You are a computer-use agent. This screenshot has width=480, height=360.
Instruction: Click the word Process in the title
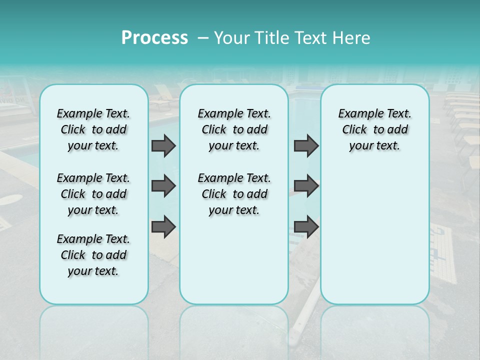coord(154,38)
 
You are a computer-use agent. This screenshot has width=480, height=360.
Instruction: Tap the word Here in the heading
coord(351,38)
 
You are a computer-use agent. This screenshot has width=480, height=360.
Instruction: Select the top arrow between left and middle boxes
coord(163,145)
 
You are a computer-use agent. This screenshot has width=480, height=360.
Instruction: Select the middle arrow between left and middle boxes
coord(163,186)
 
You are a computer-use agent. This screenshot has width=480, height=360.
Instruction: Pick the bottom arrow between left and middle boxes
coord(163,227)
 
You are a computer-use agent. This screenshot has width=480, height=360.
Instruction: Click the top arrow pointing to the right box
coord(306,145)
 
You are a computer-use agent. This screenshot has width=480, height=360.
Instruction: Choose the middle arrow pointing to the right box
coord(306,186)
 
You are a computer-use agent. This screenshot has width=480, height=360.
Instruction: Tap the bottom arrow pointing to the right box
coord(306,227)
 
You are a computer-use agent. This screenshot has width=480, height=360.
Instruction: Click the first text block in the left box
coord(93,129)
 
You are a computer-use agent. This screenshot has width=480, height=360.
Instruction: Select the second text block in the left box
coord(93,194)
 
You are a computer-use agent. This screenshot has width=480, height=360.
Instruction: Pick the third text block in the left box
coord(93,255)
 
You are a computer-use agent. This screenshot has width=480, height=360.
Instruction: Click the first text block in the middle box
coord(234,129)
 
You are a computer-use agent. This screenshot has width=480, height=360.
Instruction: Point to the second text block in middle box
coord(234,194)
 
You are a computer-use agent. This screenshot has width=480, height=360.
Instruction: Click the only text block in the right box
coord(374,129)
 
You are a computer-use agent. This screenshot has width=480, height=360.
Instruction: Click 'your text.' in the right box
coord(374,145)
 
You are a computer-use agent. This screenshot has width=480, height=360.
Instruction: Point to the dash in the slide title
coord(202,38)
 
